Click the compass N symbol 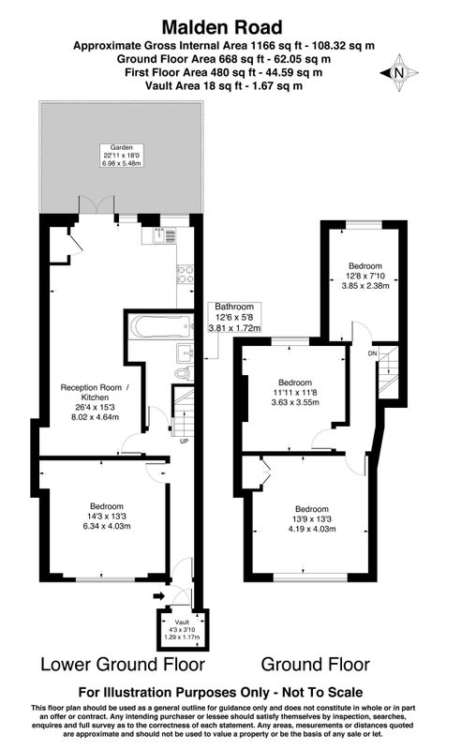pos(399,73)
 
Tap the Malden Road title pos(222,28)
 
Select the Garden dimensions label pos(122,156)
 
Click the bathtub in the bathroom pos(161,326)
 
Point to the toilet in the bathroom pos(184,372)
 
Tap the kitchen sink pos(159,235)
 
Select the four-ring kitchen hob pos(186,274)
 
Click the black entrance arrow pos(158,596)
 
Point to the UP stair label pos(184,442)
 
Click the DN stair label pos(373,353)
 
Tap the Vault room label pos(182,629)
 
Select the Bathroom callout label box pos(234,317)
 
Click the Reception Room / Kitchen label pos(95,402)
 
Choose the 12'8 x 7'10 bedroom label pos(365,276)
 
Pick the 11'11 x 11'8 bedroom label pos(295,392)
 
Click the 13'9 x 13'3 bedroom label pos(312,519)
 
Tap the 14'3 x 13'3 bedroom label pos(107,517)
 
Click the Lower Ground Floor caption pos(123,665)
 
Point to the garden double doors pos(97,204)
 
